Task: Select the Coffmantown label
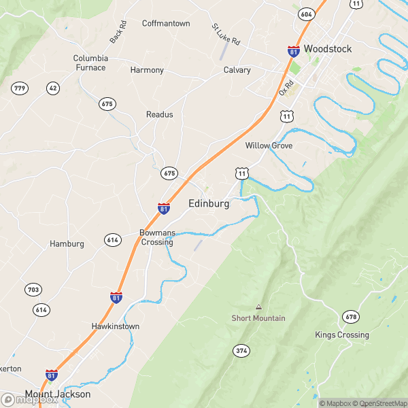[166, 24]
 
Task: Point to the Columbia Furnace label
[90, 63]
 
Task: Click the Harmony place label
[147, 70]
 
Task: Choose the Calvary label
[237, 70]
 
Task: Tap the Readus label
[160, 114]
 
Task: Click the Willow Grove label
[269, 146]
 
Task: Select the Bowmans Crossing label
[157, 237]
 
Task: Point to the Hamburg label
[67, 243]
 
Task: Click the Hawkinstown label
[116, 326]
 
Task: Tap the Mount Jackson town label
[58, 394]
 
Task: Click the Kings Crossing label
[342, 335]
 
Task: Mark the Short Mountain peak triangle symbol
[258, 307]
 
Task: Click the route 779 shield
[19, 88]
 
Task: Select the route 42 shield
[52, 88]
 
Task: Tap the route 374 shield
[241, 351]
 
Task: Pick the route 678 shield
[351, 317]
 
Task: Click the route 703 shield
[33, 290]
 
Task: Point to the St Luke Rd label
[226, 35]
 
